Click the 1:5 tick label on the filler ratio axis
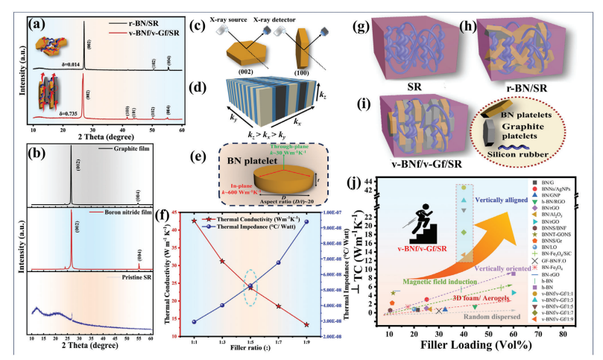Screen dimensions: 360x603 point(250,341)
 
